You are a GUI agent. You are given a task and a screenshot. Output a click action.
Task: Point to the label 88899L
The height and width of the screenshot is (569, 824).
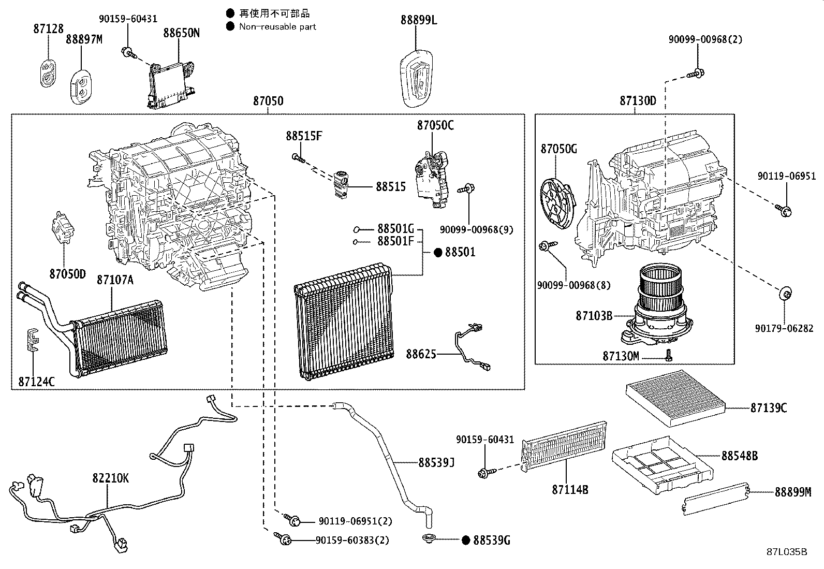pos(419,20)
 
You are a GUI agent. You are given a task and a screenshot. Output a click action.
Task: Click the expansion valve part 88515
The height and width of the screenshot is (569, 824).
pos(342,183)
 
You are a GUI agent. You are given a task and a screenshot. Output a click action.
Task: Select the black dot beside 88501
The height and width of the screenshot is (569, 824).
pos(438,252)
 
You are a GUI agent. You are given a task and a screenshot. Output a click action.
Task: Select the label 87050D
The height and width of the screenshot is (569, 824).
pos(67,274)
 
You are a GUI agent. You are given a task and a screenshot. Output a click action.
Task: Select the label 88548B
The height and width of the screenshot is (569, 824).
pos(740,456)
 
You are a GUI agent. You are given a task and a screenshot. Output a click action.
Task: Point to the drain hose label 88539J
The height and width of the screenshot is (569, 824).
pos(436,462)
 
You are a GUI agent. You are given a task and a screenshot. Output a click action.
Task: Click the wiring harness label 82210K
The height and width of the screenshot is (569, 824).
pos(111,478)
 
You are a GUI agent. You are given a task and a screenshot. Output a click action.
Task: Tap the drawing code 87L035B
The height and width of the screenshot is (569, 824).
pos(787,551)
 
